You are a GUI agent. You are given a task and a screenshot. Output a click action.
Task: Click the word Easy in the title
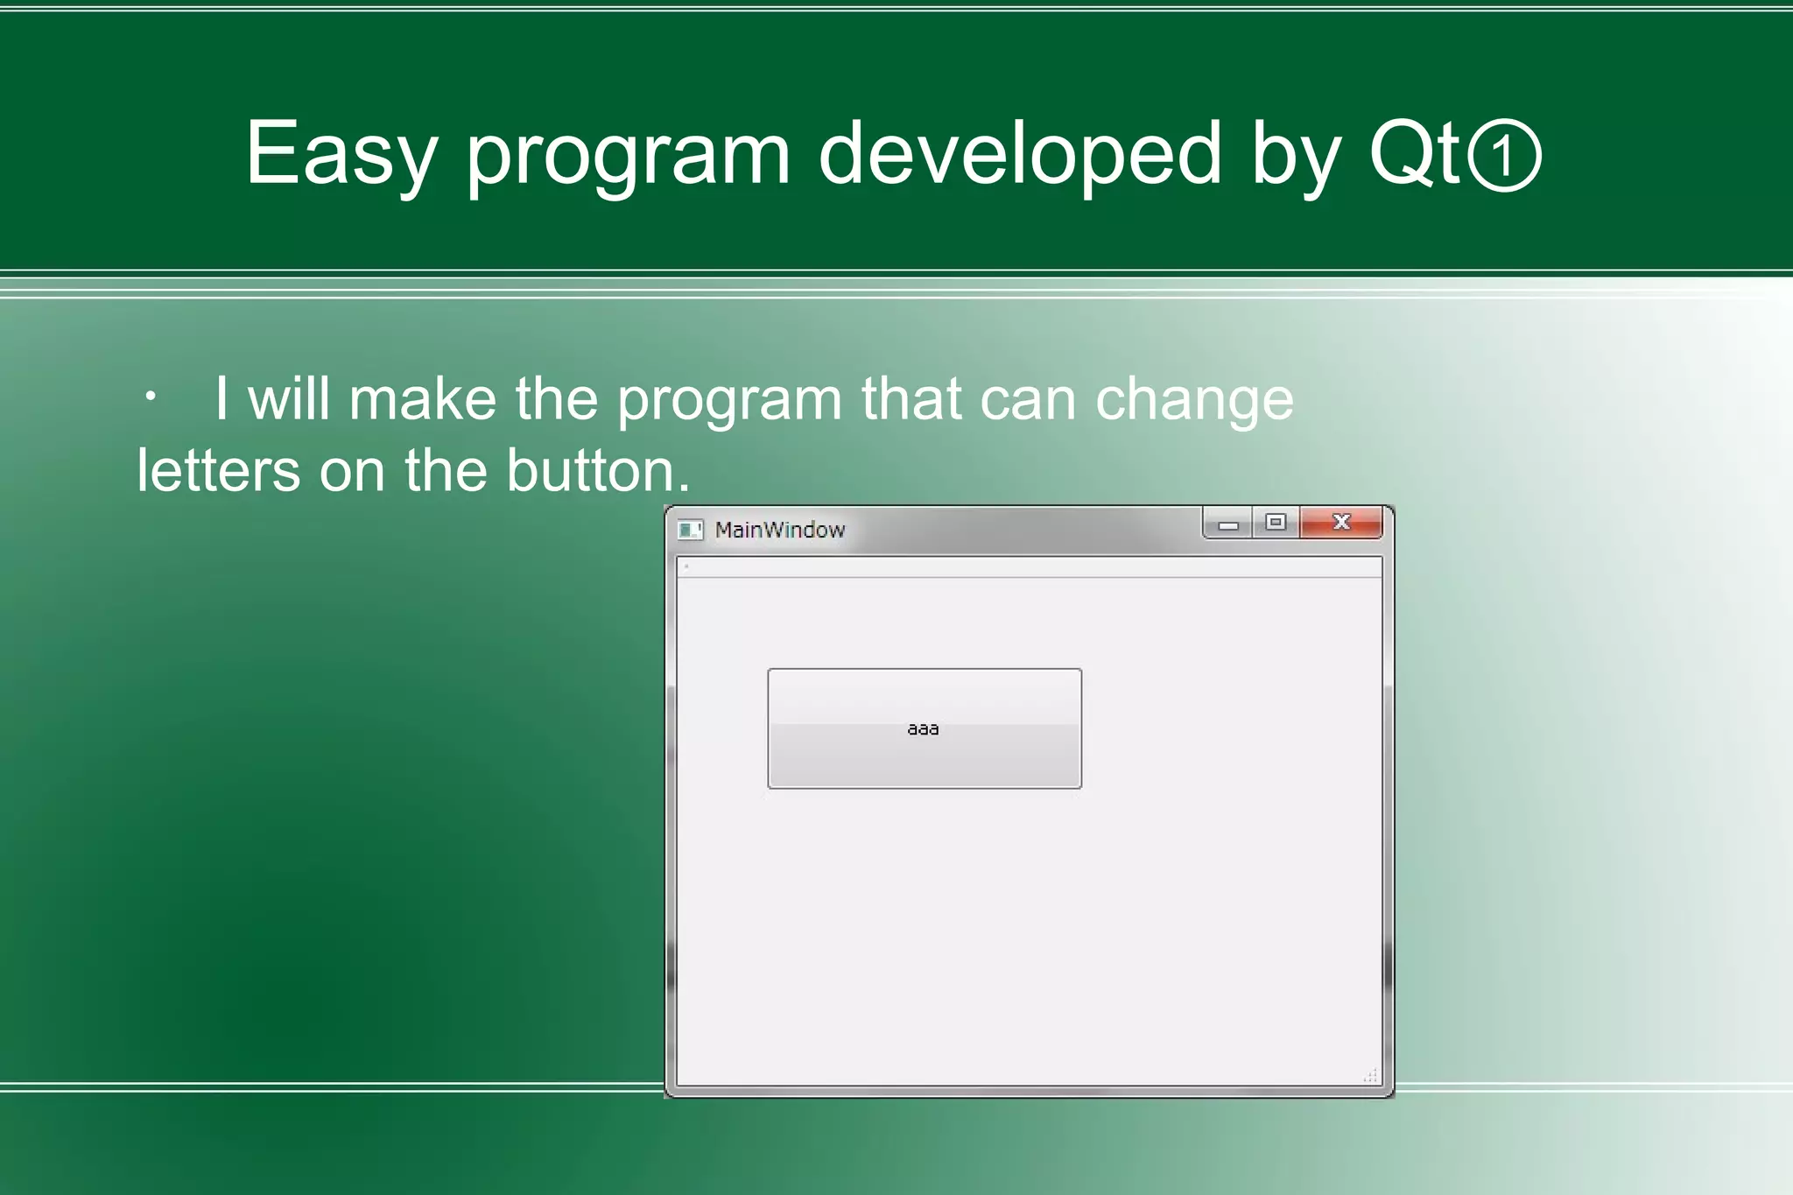click(340, 154)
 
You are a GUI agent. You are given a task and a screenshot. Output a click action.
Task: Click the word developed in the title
click(1019, 154)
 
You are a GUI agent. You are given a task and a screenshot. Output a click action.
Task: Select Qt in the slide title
click(1414, 154)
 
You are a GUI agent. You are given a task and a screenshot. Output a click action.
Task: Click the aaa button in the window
click(925, 728)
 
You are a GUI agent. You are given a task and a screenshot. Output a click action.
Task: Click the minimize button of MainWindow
click(1228, 524)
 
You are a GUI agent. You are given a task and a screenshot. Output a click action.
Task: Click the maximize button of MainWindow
click(1276, 523)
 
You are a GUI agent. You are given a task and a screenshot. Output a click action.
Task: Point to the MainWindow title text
click(779, 530)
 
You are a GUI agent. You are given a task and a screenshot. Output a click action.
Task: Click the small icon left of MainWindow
click(690, 530)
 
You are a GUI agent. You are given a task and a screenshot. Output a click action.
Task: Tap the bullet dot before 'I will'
click(151, 398)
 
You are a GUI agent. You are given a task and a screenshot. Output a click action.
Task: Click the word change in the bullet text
click(1193, 400)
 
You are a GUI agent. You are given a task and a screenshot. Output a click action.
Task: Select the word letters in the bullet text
click(218, 471)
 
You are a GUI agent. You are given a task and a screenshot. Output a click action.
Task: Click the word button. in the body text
click(598, 471)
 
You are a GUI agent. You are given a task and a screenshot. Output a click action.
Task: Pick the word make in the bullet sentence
click(423, 400)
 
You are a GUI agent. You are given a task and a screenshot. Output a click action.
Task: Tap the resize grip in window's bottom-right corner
click(1371, 1076)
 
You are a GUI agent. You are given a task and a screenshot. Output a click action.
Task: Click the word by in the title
click(1295, 154)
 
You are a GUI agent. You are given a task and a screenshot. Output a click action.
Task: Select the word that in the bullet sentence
click(911, 400)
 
